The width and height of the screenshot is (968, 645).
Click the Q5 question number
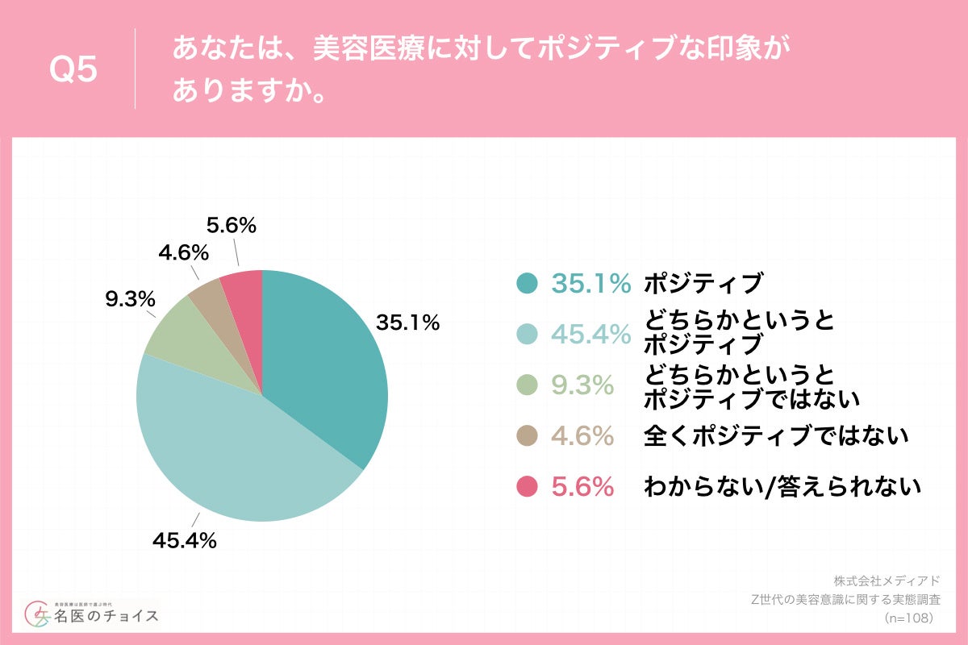pos(73,70)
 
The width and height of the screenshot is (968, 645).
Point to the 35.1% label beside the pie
pos(407,323)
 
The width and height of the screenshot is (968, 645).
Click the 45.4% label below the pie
pos(185,541)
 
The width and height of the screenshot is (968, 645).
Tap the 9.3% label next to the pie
pos(130,299)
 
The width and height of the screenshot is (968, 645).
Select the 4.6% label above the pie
pos(184,253)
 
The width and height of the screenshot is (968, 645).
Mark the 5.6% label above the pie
pos(231,227)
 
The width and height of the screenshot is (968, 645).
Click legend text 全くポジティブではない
pos(776,436)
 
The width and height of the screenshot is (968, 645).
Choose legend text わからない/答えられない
pos(782,486)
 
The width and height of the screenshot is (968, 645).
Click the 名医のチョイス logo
pos(92,615)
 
